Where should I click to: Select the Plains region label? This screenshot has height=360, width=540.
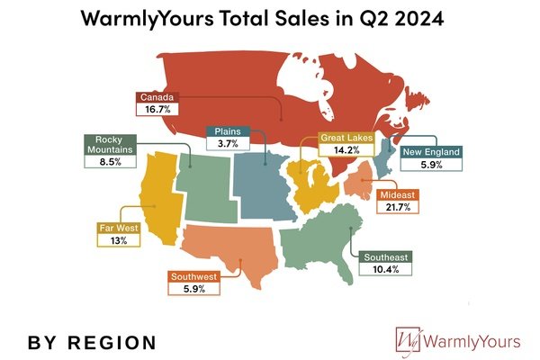(x=221, y=131)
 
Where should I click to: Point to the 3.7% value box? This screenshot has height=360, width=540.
(x=221, y=144)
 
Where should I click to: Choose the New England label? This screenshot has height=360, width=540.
(x=431, y=152)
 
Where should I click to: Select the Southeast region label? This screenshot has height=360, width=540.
(x=385, y=257)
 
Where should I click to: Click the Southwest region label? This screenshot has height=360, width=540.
(x=193, y=277)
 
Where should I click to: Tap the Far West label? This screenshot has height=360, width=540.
(x=118, y=229)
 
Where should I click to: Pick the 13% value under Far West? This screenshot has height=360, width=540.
(x=118, y=241)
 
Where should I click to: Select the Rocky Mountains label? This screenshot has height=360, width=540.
(x=109, y=146)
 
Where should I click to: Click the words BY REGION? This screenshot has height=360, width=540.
(x=92, y=343)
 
